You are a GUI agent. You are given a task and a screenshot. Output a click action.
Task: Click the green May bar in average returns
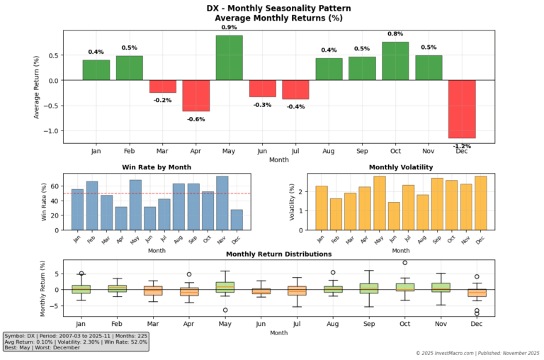click(x=229, y=57)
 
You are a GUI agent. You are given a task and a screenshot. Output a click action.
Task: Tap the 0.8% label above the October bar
click(x=395, y=33)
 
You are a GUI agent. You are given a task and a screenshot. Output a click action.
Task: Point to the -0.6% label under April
click(x=196, y=119)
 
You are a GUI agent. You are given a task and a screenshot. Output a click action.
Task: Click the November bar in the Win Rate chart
click(x=222, y=203)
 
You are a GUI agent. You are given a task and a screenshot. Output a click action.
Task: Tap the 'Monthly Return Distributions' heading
click(x=278, y=254)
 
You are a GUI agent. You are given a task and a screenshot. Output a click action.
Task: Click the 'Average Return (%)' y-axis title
click(x=37, y=86)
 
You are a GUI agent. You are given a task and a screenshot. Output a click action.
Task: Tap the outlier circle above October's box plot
click(x=404, y=263)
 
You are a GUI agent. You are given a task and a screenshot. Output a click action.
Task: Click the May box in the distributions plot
click(x=225, y=287)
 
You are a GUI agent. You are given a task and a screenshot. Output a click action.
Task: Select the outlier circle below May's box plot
click(x=225, y=310)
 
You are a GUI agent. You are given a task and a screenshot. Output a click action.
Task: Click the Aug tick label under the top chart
click(x=329, y=151)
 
